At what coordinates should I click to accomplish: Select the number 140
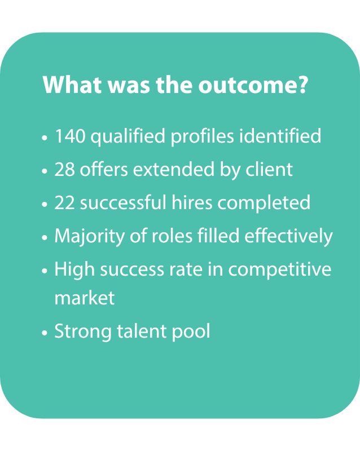pos(70,136)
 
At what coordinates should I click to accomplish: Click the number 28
pos(64,170)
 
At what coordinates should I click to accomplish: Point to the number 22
pos(64,203)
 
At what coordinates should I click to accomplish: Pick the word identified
pos(280,135)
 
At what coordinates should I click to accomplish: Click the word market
pos(85,298)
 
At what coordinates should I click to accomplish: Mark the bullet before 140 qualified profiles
pos(45,138)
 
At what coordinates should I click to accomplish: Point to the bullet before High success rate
pos(45,271)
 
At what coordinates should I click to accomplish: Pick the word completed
pos(264,204)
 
